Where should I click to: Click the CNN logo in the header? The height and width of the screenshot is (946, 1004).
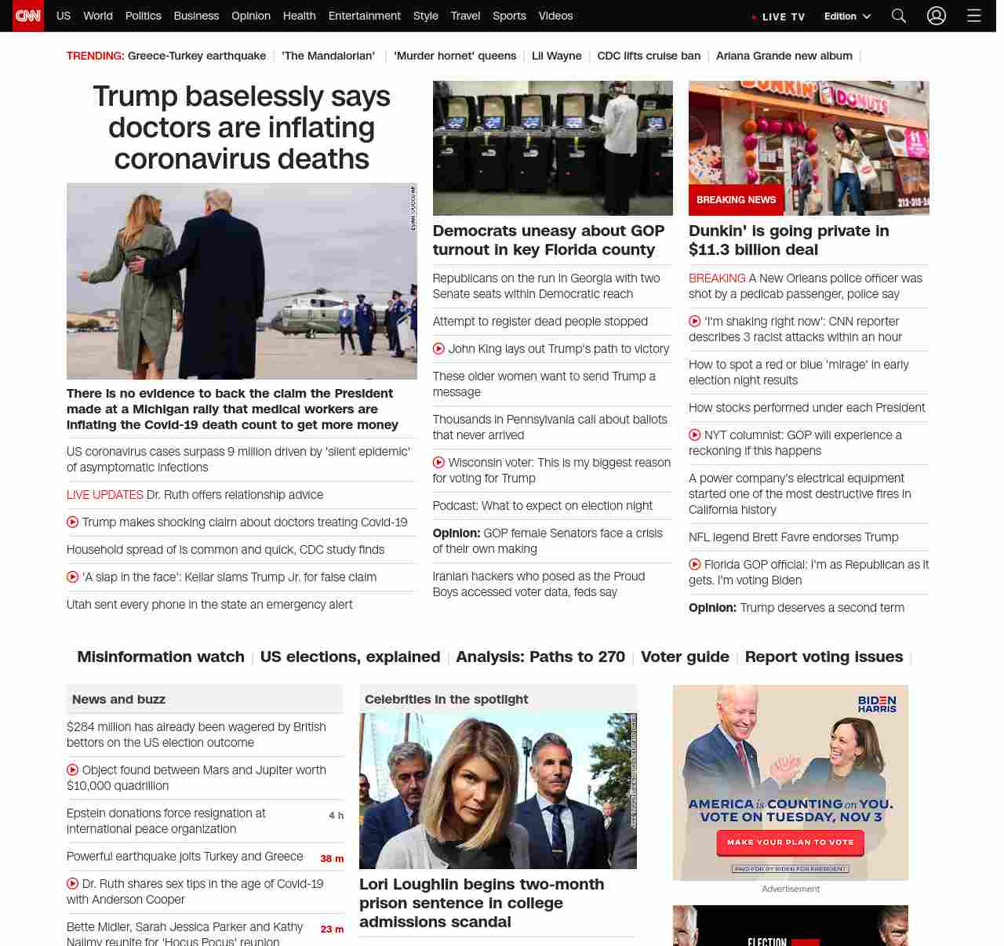[x=28, y=16]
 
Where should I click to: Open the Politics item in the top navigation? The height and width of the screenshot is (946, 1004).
[x=143, y=16]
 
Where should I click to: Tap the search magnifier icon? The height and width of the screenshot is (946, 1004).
[x=899, y=16]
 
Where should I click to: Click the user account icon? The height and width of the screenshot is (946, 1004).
[x=937, y=16]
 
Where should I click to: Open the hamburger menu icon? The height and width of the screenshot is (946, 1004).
[x=974, y=16]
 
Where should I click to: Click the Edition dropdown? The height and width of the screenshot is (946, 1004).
[x=847, y=16]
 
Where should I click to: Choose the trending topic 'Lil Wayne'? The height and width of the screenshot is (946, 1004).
[x=557, y=56]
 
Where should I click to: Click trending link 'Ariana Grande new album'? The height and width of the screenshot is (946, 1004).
[x=784, y=56]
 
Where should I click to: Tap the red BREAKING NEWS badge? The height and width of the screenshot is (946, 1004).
[x=736, y=200]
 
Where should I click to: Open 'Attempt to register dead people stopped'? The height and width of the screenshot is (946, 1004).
[x=540, y=322]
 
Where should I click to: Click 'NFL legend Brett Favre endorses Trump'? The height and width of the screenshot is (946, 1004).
[x=793, y=537]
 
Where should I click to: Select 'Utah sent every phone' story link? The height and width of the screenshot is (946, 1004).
[x=209, y=605]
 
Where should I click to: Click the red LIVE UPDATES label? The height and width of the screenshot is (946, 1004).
[x=104, y=495]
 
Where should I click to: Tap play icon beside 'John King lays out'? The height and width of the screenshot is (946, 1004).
[x=438, y=349]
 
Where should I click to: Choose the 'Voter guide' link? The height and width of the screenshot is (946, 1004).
[x=685, y=657]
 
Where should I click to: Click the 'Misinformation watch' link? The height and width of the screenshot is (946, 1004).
[x=161, y=657]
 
